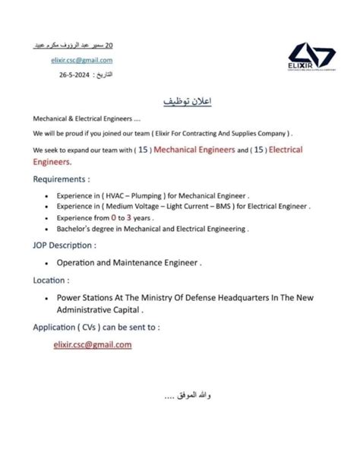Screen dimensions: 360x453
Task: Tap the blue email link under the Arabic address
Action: pos(81,60)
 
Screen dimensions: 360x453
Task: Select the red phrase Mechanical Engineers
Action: pos(194,150)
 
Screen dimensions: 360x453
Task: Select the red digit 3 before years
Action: pos(139,217)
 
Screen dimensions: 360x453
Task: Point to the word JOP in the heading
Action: pos(43,246)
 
